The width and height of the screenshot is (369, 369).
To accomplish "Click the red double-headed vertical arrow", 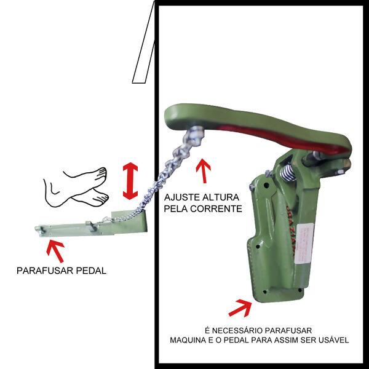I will [x=130, y=181].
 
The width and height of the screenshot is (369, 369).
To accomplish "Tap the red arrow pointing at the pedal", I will [x=56, y=250].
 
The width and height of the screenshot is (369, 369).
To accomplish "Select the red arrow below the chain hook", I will [x=203, y=172].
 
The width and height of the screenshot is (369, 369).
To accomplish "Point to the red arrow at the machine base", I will [x=240, y=307].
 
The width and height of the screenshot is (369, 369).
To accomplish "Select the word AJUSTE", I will [x=180, y=199].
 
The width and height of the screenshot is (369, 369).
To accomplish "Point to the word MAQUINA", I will [x=188, y=339].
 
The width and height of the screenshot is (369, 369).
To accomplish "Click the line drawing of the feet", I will [x=77, y=186].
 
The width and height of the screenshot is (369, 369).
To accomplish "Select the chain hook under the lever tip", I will [x=195, y=137].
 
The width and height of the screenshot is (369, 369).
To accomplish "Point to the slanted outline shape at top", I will [x=143, y=43].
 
